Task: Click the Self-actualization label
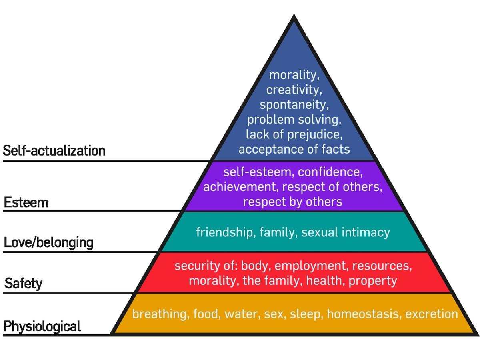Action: [x=54, y=151]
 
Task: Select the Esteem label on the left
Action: [x=26, y=202]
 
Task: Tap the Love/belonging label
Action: [x=48, y=243]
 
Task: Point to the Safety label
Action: [x=23, y=284]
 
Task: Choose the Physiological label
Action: [x=42, y=326]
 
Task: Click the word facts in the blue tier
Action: [x=336, y=149]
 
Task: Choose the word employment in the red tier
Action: [x=310, y=266]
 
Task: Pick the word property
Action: [x=373, y=281]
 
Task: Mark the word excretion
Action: [x=432, y=314]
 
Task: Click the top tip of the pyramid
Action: [x=294, y=15]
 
